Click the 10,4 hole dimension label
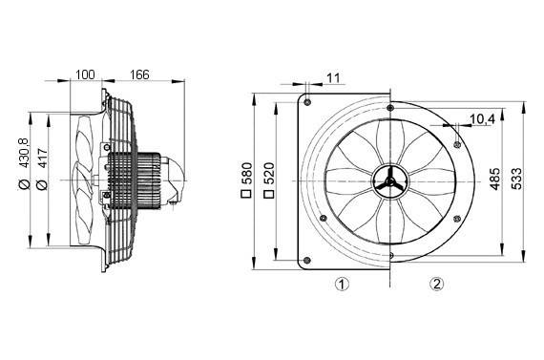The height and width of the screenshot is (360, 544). (483, 119)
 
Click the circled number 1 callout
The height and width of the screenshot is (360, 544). (341, 284)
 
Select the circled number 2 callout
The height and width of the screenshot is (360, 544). (436, 284)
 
